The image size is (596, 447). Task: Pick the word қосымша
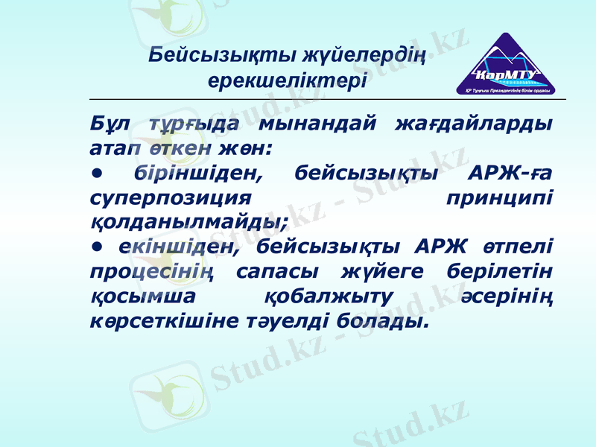(x=144, y=296)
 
